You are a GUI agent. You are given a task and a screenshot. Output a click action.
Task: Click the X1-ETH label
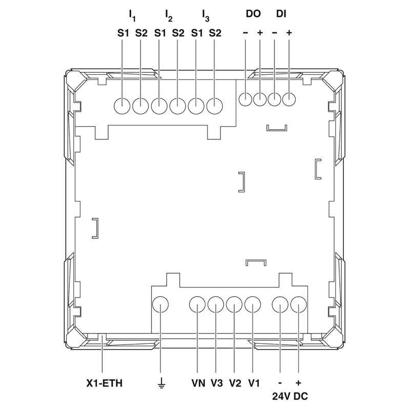(x=105, y=383)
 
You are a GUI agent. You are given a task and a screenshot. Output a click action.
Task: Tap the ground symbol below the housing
(x=161, y=383)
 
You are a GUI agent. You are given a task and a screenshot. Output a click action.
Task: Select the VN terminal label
(x=198, y=383)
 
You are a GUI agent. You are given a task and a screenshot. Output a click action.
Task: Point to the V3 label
(x=217, y=383)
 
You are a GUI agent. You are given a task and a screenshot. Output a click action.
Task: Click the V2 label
(x=235, y=383)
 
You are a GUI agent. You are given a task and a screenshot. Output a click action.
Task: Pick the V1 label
(x=254, y=383)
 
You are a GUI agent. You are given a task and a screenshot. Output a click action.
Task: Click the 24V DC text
(x=290, y=396)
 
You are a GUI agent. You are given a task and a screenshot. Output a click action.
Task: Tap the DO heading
(x=253, y=14)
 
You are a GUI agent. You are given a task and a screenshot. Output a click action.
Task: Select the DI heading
(x=281, y=14)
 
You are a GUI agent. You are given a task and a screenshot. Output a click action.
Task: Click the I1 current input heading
(x=132, y=15)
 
